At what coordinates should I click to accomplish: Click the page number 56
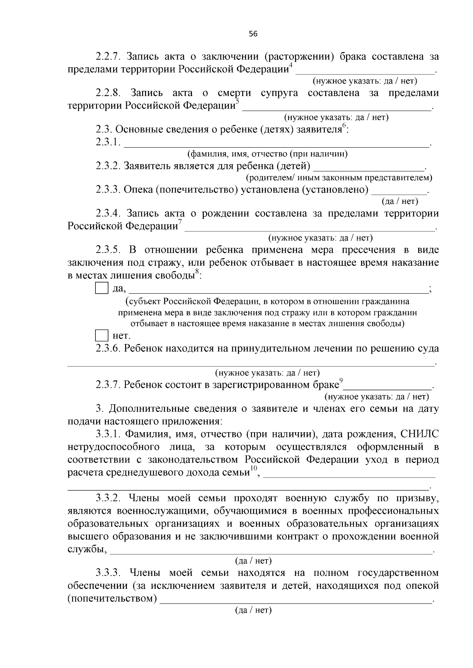coord(253,34)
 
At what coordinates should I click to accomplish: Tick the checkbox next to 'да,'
coord(102,289)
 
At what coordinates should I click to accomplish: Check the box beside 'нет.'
coord(102,336)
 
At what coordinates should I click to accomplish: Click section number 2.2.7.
coord(108,57)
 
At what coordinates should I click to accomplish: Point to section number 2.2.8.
coord(108,93)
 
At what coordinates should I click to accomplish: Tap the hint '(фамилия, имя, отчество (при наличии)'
coord(267,154)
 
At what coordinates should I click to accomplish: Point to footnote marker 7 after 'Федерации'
coord(180,222)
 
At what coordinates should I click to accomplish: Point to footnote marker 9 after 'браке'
coord(341,380)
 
